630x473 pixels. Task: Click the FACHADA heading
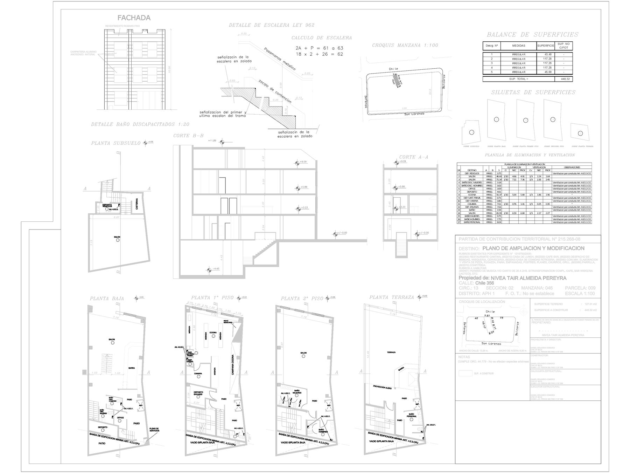(134, 18)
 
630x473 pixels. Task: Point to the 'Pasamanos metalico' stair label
(280, 59)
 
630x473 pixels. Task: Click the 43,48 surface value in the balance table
(546, 55)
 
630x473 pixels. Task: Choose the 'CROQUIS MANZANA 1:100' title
(405, 45)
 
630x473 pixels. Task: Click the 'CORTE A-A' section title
(414, 157)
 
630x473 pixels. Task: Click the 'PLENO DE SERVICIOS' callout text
(154, 430)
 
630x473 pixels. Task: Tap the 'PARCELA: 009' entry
(580, 288)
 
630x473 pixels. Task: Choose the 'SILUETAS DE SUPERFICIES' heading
(533, 92)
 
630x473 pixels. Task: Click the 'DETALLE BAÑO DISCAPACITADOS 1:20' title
(140, 124)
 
